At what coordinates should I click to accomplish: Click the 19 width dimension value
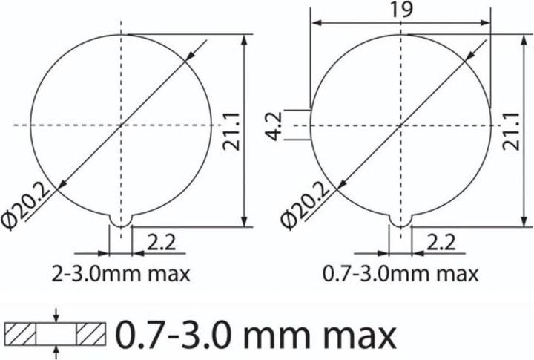(x=400, y=10)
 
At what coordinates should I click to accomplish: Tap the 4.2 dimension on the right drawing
(x=274, y=125)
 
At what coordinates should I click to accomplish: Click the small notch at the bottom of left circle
(x=120, y=220)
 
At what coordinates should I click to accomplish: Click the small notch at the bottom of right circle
(x=400, y=220)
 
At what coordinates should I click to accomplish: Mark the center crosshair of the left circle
(x=120, y=125)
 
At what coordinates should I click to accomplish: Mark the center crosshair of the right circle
(x=400, y=125)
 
